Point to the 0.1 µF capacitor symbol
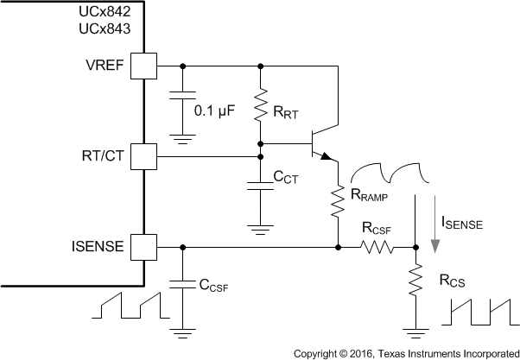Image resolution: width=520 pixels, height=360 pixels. coord(183,98)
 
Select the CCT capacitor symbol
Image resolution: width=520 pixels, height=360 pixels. coord(261,185)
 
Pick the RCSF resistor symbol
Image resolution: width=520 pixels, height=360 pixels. coord(377,247)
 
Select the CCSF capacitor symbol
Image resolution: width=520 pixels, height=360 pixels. coord(183,282)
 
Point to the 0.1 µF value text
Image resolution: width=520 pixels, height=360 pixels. coord(213,111)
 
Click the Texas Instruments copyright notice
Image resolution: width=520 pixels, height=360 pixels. coord(405,353)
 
